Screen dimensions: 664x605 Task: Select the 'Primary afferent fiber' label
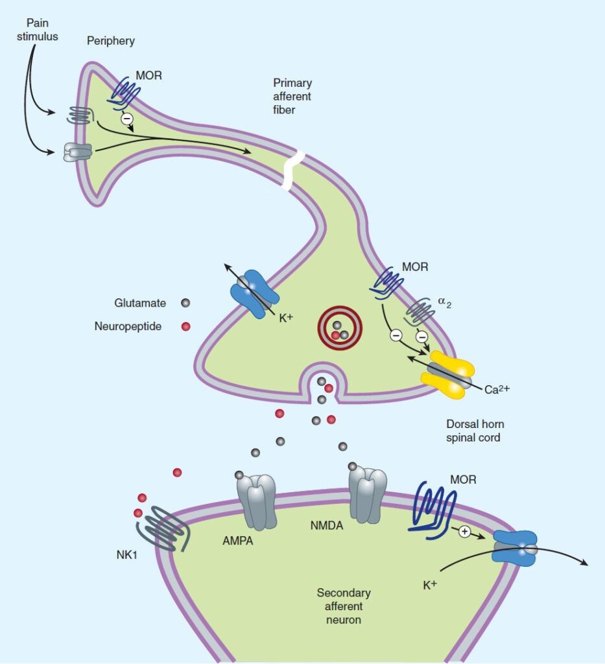(x=292, y=95)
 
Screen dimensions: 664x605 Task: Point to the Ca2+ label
(x=499, y=390)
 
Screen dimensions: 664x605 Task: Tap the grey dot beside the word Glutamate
(x=186, y=303)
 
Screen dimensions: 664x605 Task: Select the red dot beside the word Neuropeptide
(x=186, y=326)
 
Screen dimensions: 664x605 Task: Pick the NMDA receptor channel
(x=368, y=493)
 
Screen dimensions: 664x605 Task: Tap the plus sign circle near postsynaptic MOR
(x=464, y=532)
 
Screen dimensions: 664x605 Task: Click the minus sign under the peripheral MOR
(x=127, y=119)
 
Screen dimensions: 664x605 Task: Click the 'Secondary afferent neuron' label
(x=343, y=606)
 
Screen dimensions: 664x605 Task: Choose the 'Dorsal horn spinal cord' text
(x=475, y=431)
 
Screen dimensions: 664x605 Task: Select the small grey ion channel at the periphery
(x=78, y=152)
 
